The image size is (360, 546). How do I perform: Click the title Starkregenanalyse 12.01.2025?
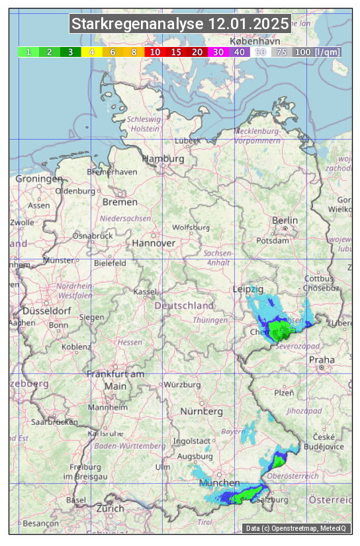(x=180, y=24)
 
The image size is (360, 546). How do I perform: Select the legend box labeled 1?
(x=28, y=52)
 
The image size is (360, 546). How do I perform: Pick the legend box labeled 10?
(x=155, y=52)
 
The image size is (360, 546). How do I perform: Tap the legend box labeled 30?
(x=218, y=52)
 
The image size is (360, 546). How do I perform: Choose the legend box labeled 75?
(x=281, y=52)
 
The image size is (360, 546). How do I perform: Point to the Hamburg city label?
(x=163, y=159)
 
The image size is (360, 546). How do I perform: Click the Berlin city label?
(x=285, y=220)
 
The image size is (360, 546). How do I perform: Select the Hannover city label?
(x=154, y=243)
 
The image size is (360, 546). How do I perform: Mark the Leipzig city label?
(x=248, y=289)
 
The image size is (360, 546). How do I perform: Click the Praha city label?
(x=322, y=359)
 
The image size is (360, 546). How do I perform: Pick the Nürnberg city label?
(x=202, y=411)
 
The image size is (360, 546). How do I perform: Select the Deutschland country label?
(x=185, y=305)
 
